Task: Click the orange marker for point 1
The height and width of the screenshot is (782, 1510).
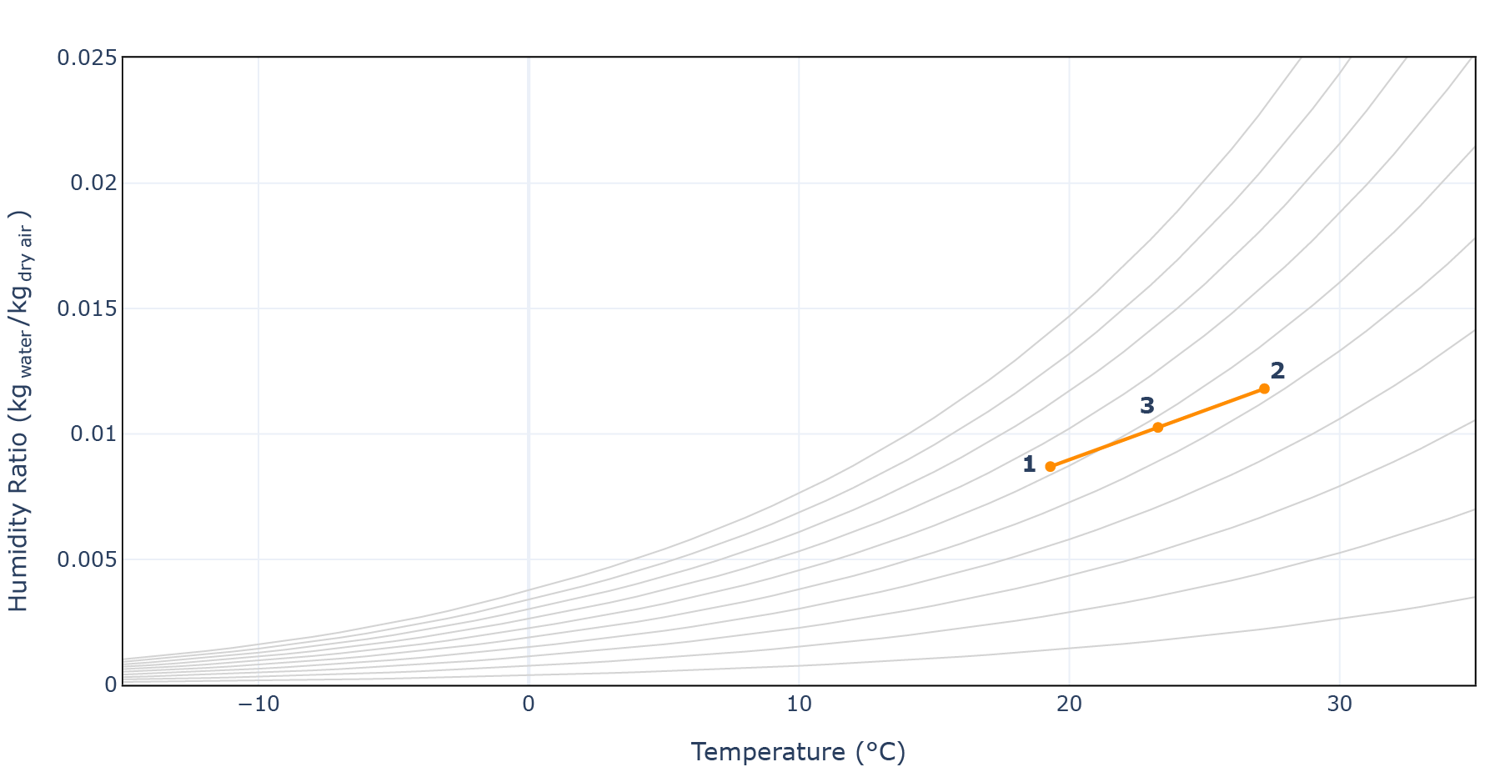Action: (x=1050, y=466)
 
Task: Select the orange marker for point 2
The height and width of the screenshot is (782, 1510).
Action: (x=1264, y=388)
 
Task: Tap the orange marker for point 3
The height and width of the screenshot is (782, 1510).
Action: (x=1157, y=428)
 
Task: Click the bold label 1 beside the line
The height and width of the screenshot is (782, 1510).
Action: (x=1029, y=464)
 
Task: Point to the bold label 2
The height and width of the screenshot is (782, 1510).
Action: (x=1277, y=371)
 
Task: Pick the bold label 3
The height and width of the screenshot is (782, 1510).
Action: (x=1147, y=406)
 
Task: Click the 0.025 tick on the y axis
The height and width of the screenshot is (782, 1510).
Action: (x=87, y=58)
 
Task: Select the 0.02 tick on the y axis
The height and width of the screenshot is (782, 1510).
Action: (x=93, y=183)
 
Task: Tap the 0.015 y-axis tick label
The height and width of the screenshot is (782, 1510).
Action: (x=87, y=308)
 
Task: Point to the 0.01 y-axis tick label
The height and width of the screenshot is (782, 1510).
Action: (x=93, y=434)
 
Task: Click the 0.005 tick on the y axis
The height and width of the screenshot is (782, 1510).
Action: (x=87, y=559)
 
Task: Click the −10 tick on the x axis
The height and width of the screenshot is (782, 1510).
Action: (x=258, y=704)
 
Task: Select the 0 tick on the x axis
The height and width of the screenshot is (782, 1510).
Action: (x=529, y=704)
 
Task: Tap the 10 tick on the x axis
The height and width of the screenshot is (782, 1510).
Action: (x=799, y=704)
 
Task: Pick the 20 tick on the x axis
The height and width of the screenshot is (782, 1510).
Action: (x=1069, y=704)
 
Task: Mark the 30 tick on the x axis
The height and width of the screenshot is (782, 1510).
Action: (x=1339, y=704)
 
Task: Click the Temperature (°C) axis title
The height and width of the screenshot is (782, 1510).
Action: (x=798, y=752)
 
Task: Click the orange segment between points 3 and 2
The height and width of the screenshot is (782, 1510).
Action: (x=1211, y=409)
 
